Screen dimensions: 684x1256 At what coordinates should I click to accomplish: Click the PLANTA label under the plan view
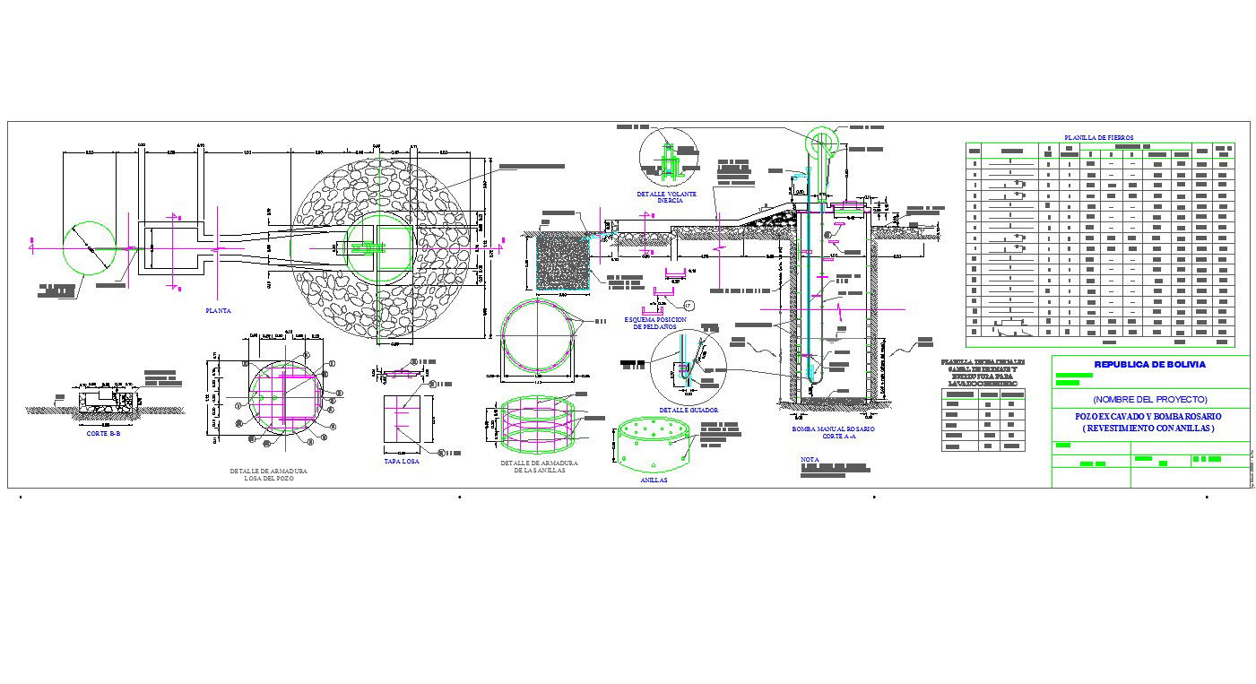coord(218,311)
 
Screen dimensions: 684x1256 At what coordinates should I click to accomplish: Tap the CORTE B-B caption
coord(103,434)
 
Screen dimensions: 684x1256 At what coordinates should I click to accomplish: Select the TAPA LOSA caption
coord(401,462)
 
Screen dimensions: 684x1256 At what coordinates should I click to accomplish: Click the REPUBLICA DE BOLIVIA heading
coord(1149,365)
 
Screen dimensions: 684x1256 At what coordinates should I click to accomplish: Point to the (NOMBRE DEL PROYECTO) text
coord(1149,399)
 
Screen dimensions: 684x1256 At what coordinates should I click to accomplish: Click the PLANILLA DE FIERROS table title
coord(1098,137)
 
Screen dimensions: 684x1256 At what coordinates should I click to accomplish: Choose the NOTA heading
coord(810,459)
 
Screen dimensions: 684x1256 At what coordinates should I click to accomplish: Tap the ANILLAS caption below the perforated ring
coord(654,481)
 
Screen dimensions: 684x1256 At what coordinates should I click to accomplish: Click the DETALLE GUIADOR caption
coord(688,410)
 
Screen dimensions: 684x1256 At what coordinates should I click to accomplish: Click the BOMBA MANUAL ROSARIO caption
coord(833,429)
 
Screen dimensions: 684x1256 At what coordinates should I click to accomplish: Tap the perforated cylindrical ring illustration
coord(654,445)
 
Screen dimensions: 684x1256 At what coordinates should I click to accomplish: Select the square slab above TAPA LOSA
coord(408,419)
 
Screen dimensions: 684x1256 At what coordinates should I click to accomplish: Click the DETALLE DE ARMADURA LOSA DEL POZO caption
coord(268,474)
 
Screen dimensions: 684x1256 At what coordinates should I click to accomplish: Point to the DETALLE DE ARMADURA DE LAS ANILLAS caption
coord(538,467)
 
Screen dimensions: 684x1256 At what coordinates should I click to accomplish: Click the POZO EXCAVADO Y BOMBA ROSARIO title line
coord(1149,417)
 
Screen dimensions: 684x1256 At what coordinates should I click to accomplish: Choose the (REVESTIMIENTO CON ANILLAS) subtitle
coord(1149,429)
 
